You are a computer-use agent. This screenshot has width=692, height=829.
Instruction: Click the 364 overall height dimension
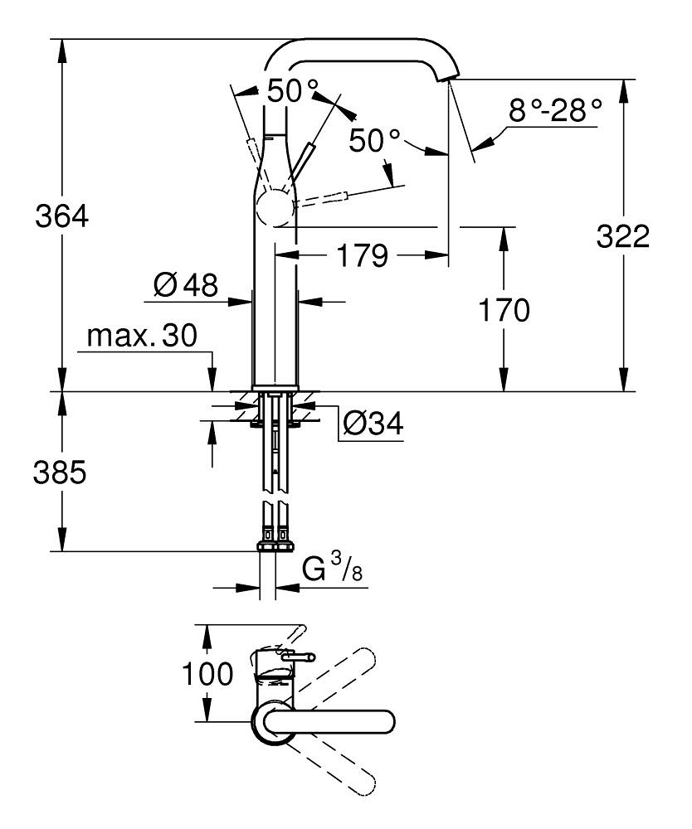(61, 217)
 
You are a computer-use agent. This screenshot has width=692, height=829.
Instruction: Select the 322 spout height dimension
(623, 237)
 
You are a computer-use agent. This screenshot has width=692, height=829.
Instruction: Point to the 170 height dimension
(502, 311)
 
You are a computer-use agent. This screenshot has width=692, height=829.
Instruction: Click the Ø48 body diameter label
(185, 287)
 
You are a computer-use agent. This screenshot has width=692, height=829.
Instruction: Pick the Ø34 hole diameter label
(373, 424)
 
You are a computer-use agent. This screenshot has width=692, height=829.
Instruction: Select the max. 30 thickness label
(142, 336)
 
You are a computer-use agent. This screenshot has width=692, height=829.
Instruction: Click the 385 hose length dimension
(61, 473)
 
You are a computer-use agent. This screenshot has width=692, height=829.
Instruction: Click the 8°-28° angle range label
(555, 110)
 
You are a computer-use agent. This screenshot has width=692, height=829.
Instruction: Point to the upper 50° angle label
(292, 90)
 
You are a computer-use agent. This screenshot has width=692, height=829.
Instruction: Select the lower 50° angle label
(374, 140)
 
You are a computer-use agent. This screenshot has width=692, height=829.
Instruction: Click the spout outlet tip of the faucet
(449, 78)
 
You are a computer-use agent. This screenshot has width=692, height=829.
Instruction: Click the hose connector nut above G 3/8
(275, 545)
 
